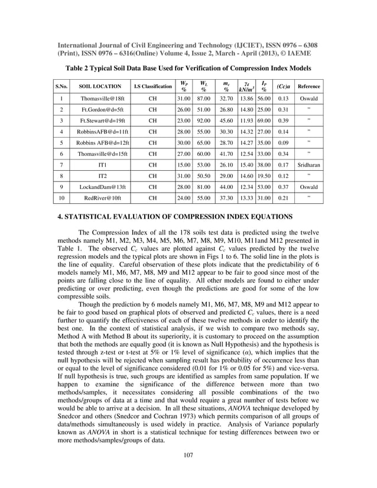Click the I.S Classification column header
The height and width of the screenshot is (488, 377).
point(152,86)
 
